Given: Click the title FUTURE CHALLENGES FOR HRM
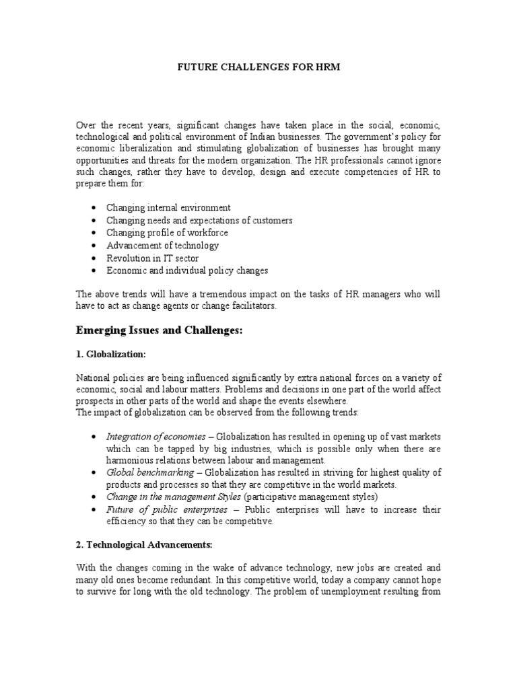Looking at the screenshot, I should (x=258, y=68).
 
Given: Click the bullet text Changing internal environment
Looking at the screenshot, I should (x=168, y=208).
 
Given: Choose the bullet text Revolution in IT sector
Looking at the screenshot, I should (x=152, y=258).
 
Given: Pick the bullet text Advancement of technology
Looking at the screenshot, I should (x=162, y=246).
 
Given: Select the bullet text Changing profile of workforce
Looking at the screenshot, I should (x=167, y=233).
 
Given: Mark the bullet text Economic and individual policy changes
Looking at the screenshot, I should (x=187, y=270).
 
